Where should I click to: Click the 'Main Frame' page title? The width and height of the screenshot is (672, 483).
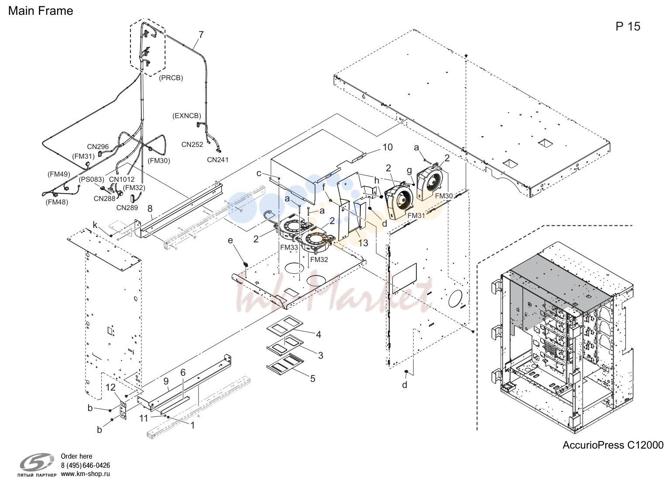pos(41,11)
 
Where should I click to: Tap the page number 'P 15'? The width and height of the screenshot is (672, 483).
pos(628,26)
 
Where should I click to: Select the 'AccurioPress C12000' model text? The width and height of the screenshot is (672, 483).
pos(613,445)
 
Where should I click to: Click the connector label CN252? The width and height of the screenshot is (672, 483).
pos(192,144)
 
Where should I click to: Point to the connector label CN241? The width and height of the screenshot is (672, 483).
pos(218,160)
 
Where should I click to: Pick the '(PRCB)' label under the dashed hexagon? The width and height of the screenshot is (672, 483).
pos(171,78)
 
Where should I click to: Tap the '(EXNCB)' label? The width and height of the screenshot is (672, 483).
pos(187,116)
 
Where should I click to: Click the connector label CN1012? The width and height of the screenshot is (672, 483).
pos(121,179)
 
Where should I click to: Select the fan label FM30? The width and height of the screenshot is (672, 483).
pos(444,196)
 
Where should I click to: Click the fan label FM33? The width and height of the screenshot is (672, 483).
pos(289,248)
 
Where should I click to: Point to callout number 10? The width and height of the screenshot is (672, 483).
pos(387,147)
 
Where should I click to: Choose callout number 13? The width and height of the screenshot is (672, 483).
pos(363,243)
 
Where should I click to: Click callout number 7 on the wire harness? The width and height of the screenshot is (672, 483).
pos(201,35)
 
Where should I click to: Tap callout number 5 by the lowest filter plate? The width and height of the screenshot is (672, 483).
pos(312,379)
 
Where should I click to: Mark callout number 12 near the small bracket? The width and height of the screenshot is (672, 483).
pos(111,388)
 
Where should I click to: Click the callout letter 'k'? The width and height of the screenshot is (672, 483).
pos(95,225)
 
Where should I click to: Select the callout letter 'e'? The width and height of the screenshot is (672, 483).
pos(230,241)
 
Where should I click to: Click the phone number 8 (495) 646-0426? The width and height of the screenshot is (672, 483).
pos(86,465)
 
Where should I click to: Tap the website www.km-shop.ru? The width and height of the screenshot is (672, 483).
pos(86,474)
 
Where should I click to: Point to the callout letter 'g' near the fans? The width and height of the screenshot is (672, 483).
pos(409,171)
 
